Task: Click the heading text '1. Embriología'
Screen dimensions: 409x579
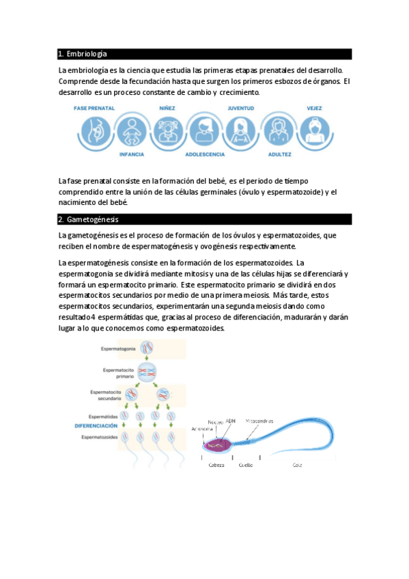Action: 83,54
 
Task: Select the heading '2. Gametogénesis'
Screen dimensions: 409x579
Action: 89,220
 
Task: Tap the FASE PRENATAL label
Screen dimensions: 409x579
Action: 94,108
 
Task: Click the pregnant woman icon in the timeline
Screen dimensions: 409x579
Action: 95,130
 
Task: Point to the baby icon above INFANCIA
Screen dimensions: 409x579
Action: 132,130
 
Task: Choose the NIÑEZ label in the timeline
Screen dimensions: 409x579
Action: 167,108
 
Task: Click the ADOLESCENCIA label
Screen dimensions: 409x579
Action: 205,155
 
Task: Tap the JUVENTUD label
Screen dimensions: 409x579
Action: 241,108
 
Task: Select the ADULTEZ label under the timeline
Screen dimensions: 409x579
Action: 279,155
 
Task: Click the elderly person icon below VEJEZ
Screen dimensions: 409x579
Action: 315,130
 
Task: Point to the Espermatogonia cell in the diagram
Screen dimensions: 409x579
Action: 147,348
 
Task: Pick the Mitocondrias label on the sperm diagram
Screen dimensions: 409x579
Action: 259,421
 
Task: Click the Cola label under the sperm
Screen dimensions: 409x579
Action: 297,465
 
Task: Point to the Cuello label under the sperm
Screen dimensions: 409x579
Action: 246,465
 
